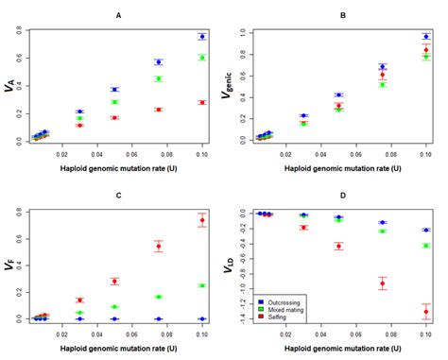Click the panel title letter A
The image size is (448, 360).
(x=118, y=15)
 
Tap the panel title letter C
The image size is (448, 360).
(x=118, y=196)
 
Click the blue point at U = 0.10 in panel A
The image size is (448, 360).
(x=202, y=37)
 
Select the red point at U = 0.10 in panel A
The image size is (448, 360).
(x=202, y=102)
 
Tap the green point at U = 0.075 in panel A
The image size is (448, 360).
(x=159, y=78)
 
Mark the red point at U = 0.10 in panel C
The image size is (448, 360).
(x=202, y=220)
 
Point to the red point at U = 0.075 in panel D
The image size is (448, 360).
(x=383, y=283)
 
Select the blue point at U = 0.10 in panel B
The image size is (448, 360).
(x=426, y=37)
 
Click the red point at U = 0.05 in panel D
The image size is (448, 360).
(x=338, y=246)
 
